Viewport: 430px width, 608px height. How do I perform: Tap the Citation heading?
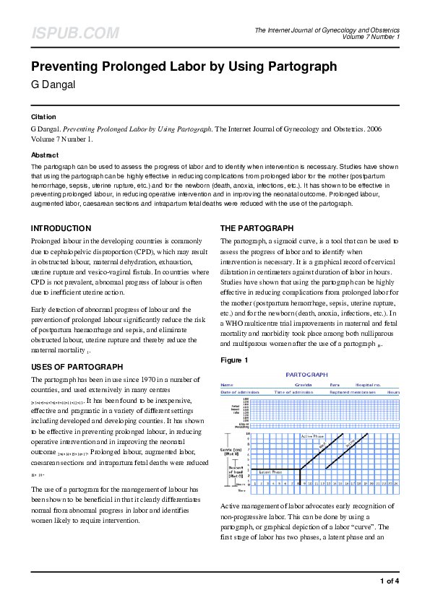point(43,116)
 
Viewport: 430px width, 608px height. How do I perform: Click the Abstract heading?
point(45,155)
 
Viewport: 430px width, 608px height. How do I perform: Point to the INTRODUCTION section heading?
point(61,228)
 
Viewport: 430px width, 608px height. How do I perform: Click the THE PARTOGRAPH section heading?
point(257,228)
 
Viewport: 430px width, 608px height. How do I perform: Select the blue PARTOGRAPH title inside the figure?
point(306,375)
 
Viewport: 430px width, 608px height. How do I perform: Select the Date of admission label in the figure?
point(239,391)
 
